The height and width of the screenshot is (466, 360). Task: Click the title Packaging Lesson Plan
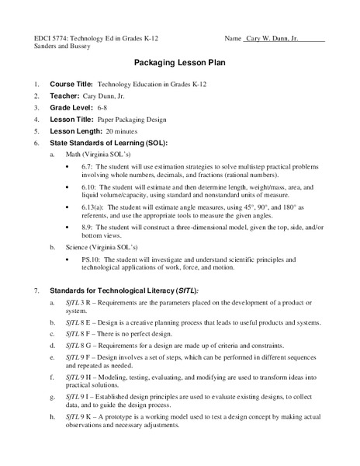pyautogui.click(x=179, y=63)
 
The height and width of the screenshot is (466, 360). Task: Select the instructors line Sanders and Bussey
pyautogui.click(x=58, y=47)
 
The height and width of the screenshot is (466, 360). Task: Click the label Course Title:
pyautogui.click(x=71, y=83)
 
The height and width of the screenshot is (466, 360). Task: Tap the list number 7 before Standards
pyautogui.click(x=36, y=290)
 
